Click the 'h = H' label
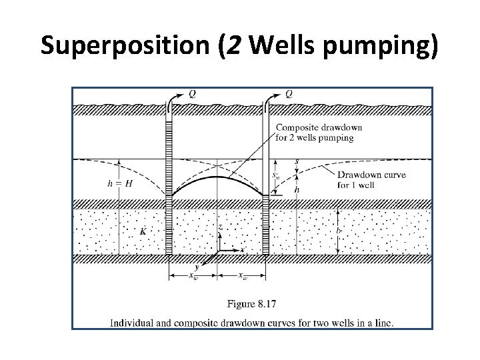120,183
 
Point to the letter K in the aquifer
143,231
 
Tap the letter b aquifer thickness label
339,230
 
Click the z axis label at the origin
220,227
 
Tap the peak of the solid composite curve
218,177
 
